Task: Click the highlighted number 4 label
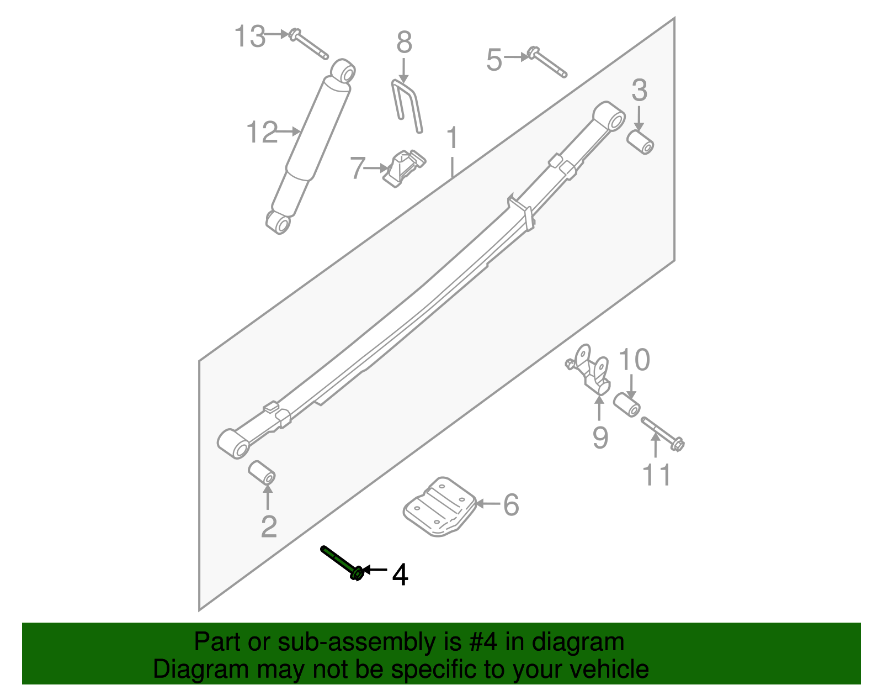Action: (x=400, y=575)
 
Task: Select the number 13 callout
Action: (x=250, y=37)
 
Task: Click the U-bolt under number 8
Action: (x=407, y=105)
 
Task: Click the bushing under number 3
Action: (x=641, y=142)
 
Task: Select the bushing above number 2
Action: (x=261, y=472)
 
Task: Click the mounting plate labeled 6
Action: (x=440, y=507)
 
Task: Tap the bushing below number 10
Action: (x=627, y=404)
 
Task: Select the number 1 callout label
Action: (x=452, y=138)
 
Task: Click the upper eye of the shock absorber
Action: (x=343, y=72)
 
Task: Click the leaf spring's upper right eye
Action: (x=610, y=117)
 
